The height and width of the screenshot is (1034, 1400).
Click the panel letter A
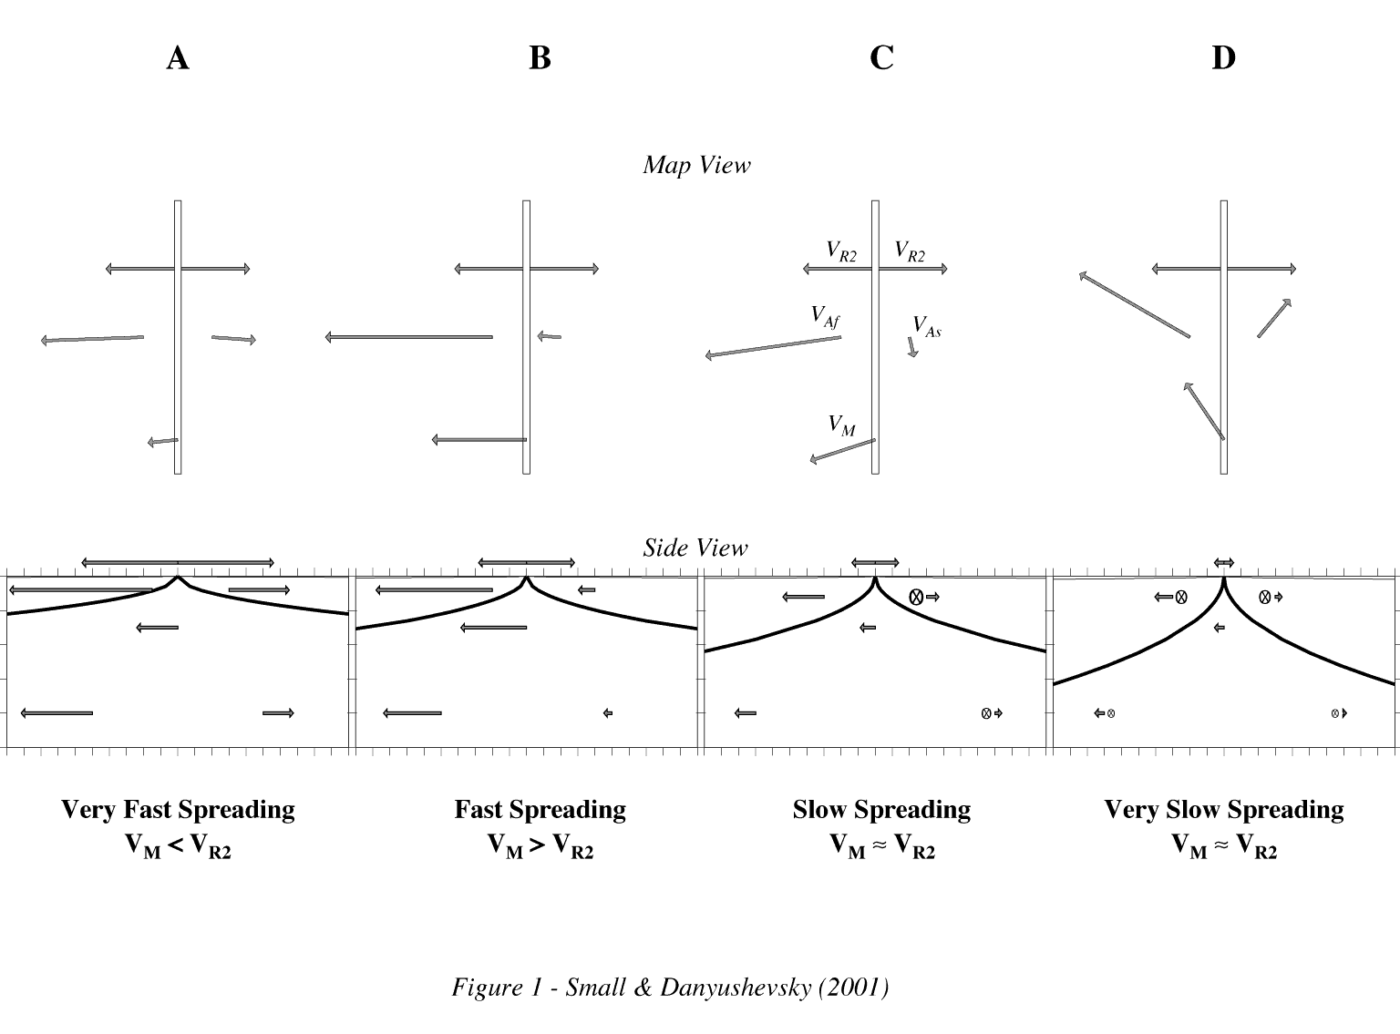[178, 58]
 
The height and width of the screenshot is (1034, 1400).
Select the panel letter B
[540, 58]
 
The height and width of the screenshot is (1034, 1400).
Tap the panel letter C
[881, 58]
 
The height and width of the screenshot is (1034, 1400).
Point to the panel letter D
[1223, 58]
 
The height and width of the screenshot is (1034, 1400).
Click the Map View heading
[697, 165]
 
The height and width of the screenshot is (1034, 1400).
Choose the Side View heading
[695, 548]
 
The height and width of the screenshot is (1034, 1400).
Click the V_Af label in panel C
[826, 316]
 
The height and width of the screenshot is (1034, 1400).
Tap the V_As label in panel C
[927, 326]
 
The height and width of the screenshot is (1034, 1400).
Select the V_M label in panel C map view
[842, 425]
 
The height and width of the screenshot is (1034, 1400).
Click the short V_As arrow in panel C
[912, 347]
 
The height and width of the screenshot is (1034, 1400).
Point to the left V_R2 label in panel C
[841, 251]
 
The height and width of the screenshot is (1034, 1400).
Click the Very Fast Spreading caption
[178, 809]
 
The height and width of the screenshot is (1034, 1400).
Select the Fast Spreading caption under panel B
[540, 809]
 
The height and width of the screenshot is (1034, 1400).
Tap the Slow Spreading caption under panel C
[881, 809]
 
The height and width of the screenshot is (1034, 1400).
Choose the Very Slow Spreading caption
[1224, 809]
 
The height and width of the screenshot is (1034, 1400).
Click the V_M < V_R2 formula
[178, 846]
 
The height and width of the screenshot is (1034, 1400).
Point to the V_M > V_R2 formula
[540, 846]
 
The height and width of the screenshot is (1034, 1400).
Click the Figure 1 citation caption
[670, 988]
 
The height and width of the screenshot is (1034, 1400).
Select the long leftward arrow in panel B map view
[408, 337]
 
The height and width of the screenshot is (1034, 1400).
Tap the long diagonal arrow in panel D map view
[1134, 304]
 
